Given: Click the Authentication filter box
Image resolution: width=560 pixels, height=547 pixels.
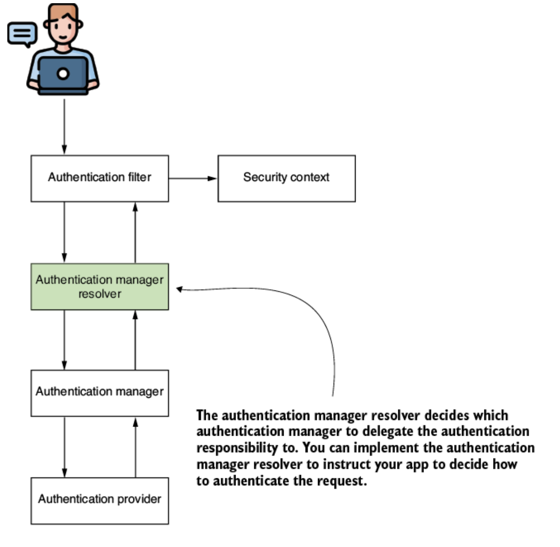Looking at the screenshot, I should pyautogui.click(x=99, y=178).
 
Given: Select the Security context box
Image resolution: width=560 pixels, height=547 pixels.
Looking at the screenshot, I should pyautogui.click(x=286, y=178).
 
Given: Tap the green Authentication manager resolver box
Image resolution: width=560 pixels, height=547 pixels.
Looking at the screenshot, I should pyautogui.click(x=99, y=286).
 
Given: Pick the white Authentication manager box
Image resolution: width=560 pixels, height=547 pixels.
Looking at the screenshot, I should pyautogui.click(x=99, y=393).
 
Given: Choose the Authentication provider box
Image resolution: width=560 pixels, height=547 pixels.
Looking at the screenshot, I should pyautogui.click(x=99, y=500).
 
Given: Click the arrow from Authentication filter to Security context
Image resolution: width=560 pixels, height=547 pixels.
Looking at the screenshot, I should pyautogui.click(x=192, y=178).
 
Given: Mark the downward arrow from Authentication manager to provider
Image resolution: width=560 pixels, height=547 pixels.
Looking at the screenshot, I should pyautogui.click(x=64, y=447).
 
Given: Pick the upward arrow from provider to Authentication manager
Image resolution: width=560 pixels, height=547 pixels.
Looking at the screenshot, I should pyautogui.click(x=135, y=447).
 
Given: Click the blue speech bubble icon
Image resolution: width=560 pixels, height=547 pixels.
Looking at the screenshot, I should pyautogui.click(x=22, y=34).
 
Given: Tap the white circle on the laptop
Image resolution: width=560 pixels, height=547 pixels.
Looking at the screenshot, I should pyautogui.click(x=63, y=74).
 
